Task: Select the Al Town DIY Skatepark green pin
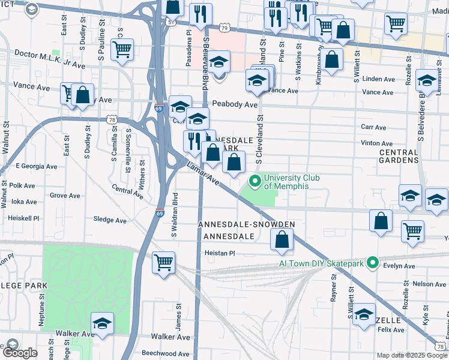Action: (372, 263)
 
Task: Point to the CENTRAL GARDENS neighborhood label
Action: (399, 156)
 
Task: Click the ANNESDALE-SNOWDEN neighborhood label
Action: (247, 224)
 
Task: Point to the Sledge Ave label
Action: (110, 220)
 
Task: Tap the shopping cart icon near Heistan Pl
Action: (163, 262)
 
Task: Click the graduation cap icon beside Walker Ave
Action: (103, 323)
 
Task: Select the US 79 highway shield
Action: (224, 28)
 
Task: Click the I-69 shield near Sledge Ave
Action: (160, 213)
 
